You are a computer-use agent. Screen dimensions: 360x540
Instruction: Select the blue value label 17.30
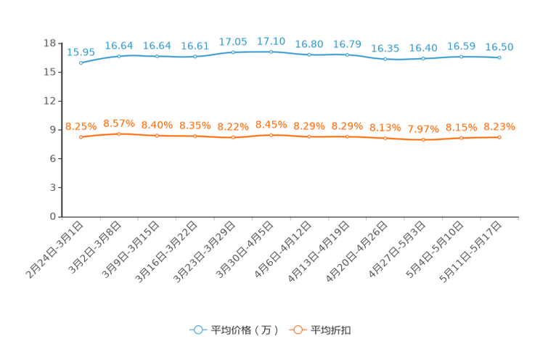tap(271, 41)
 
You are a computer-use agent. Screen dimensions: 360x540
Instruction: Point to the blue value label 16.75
tap(347, 44)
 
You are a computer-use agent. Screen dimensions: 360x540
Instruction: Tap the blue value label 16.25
tap(385, 49)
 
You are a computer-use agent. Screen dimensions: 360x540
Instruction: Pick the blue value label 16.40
tap(423, 48)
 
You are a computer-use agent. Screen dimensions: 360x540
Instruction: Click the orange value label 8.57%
tap(118, 123)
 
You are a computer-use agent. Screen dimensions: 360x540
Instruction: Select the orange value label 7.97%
tap(423, 129)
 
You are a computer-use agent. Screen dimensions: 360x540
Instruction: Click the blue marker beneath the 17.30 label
tap(271, 52)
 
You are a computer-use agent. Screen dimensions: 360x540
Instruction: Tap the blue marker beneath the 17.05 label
tap(232, 52)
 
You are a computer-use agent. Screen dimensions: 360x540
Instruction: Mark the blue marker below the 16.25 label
tap(385, 60)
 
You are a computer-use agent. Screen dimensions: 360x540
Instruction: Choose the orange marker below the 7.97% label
tap(423, 139)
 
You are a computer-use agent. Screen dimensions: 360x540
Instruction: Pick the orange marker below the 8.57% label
tap(118, 134)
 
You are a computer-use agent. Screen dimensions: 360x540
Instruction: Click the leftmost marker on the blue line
tap(81, 63)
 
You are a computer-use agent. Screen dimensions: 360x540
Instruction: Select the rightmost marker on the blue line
tap(499, 58)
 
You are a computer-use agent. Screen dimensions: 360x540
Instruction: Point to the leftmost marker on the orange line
tap(81, 137)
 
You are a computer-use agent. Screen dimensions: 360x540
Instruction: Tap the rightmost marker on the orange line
tap(499, 137)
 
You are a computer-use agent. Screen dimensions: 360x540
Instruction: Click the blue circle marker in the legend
tap(197, 330)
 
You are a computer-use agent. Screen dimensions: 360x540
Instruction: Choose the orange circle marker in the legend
tap(297, 330)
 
